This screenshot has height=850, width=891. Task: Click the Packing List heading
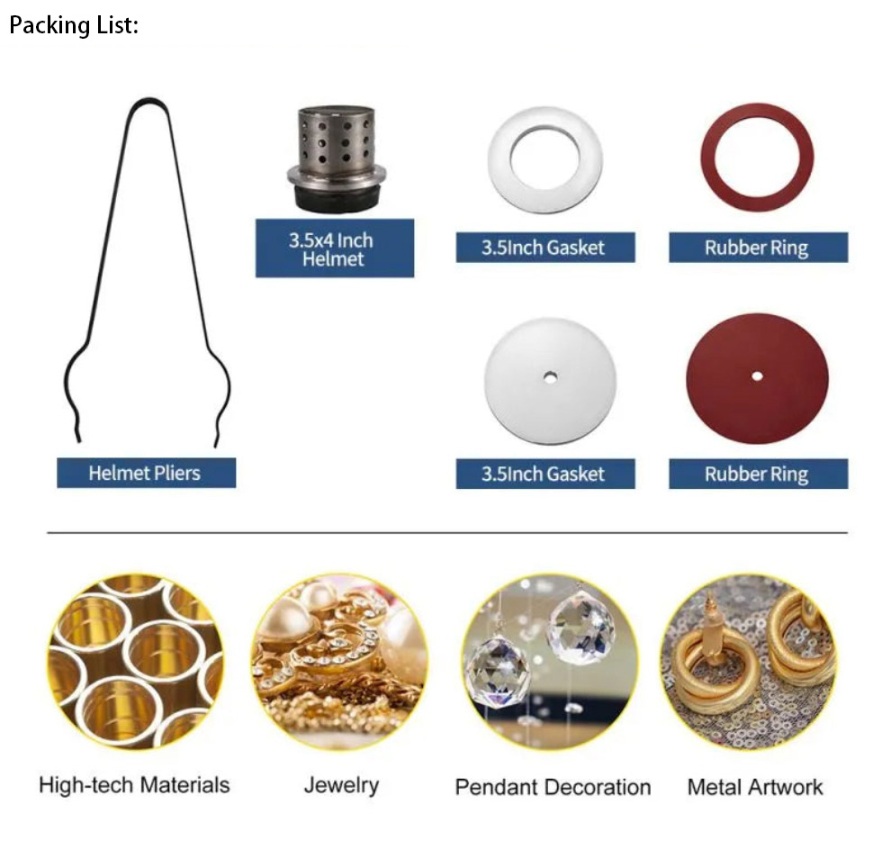pos(74,25)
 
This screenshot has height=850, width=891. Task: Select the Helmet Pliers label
pos(146,473)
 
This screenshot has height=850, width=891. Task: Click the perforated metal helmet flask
pos(336,144)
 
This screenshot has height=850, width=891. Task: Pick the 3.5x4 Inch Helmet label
pos(334,249)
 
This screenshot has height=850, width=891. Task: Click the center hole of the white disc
pos(549,375)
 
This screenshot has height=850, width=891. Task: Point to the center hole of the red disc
pos(757,375)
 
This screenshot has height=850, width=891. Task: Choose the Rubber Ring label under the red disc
pos(757,475)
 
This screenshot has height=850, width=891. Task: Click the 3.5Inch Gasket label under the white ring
pos(544,248)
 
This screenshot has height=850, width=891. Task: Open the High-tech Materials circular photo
pos(135,662)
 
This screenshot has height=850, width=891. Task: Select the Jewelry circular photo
pos(339,662)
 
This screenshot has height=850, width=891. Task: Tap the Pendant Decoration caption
pos(553,787)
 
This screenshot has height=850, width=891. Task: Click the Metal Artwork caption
pos(755,787)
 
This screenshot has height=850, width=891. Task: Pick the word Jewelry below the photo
pos(341,785)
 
